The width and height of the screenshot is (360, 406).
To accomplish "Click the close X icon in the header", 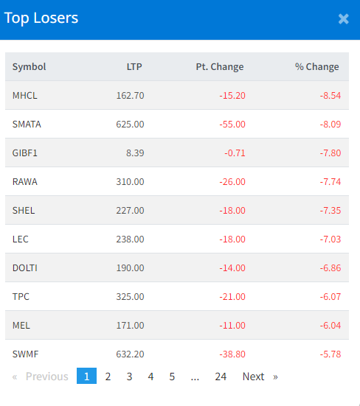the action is click(x=344, y=19).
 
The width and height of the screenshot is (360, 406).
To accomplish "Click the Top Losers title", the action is click(x=41, y=18).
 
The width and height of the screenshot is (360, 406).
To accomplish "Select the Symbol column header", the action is click(x=29, y=67).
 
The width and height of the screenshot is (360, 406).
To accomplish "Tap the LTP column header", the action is click(x=134, y=67).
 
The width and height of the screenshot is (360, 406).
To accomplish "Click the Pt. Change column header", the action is click(x=220, y=67).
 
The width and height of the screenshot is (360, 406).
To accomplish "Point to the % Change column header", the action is click(x=317, y=67).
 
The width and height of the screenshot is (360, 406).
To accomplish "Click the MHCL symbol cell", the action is click(x=25, y=96).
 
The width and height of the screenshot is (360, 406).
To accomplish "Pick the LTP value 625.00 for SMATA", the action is click(x=130, y=125).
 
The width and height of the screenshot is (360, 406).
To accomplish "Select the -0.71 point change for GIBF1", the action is click(x=235, y=153).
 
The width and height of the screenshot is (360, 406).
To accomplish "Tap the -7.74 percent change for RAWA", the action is click(x=330, y=182).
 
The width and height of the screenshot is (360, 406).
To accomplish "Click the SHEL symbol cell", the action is click(x=24, y=211).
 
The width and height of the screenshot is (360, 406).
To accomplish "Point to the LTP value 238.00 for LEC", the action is click(x=130, y=239).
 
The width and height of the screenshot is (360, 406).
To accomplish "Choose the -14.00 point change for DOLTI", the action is click(x=232, y=268).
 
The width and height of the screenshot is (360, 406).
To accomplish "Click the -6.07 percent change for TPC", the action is click(x=330, y=297).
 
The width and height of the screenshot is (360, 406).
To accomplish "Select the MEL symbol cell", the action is click(x=21, y=326).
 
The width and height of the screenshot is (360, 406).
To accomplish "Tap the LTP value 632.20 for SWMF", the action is click(x=130, y=354).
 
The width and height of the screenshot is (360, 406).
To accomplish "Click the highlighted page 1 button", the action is click(x=86, y=376).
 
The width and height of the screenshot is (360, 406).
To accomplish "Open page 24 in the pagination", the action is click(x=221, y=377).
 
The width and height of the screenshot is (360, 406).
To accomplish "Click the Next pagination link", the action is click(x=254, y=377).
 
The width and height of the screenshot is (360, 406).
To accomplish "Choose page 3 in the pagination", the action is click(x=129, y=377).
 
